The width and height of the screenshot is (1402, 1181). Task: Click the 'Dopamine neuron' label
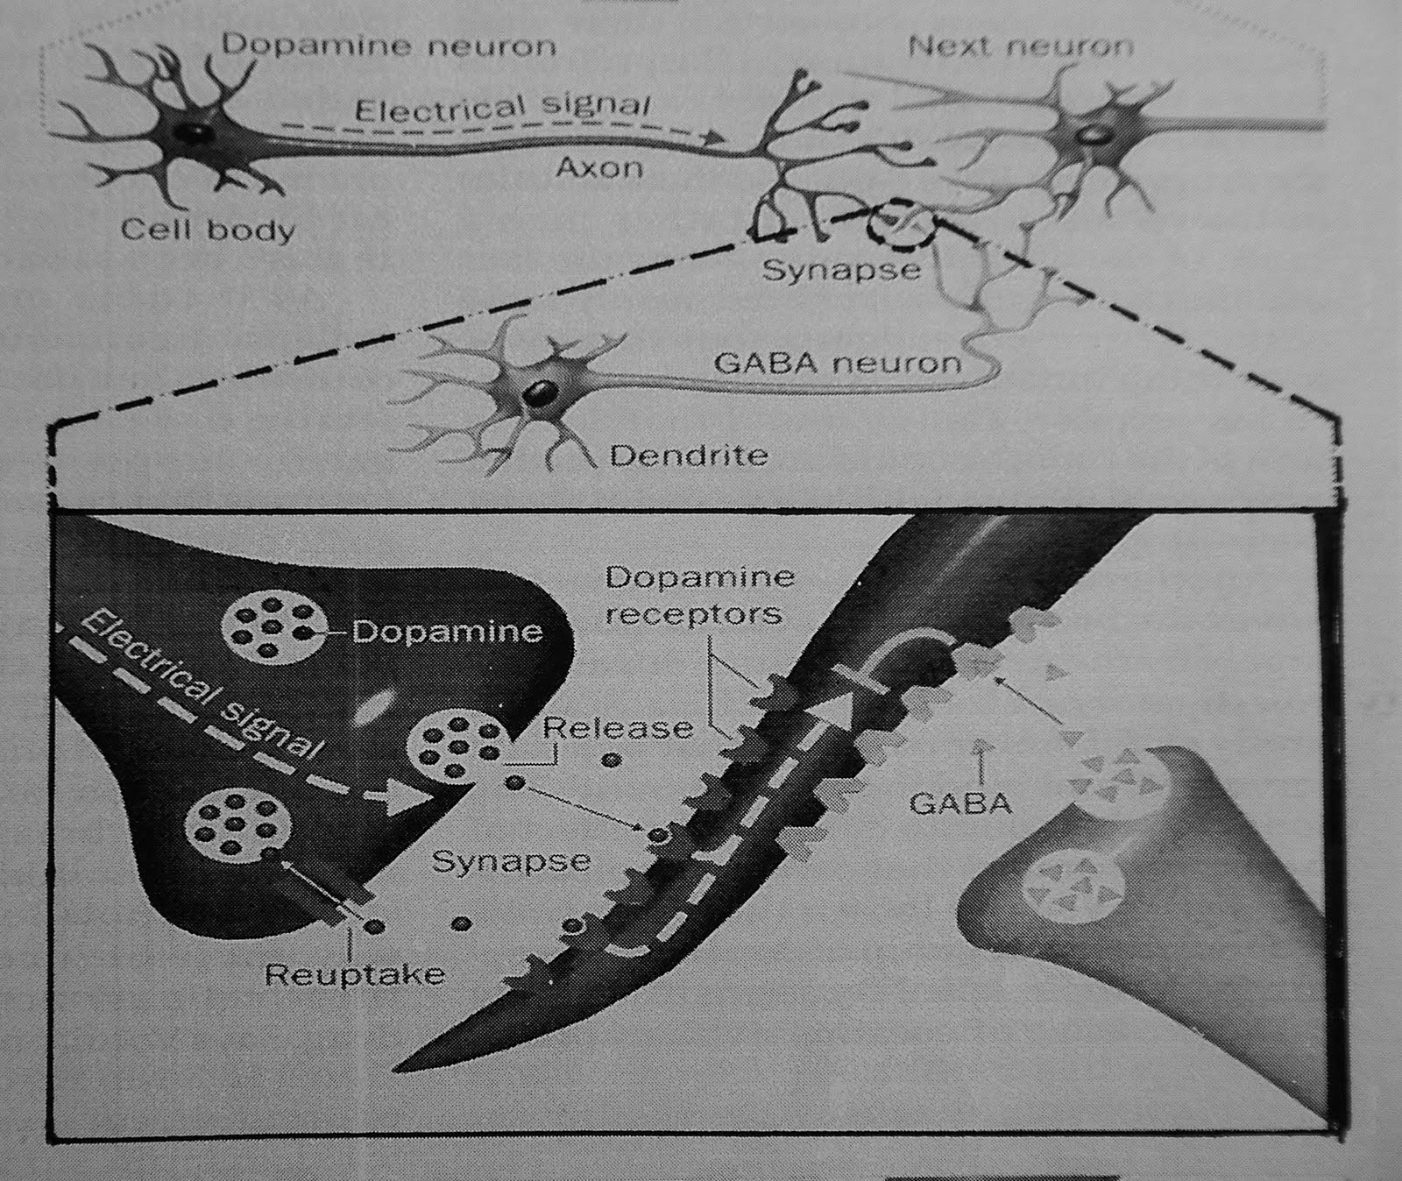pos(388,45)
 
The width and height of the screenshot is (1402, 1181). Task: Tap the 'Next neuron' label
pos(1021,45)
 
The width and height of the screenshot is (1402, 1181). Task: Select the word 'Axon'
pos(599,166)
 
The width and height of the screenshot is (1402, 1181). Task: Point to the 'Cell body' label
pos(208,230)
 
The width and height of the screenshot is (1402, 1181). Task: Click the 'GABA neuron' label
pos(838,362)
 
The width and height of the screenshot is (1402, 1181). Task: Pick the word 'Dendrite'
pos(689,456)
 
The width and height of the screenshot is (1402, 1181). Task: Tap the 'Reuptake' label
pos(355,974)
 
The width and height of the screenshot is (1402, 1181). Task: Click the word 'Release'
pos(618,727)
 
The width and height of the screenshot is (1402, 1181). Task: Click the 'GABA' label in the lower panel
pos(961,803)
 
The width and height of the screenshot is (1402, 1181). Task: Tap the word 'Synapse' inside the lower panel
pos(511,861)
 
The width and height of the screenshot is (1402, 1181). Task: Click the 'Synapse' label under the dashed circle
pos(841,269)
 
